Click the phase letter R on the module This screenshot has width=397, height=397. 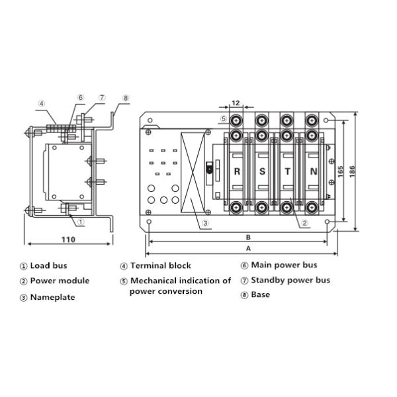click(x=237, y=171)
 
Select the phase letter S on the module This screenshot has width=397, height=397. click(x=263, y=171)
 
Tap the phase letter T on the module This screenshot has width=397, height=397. click(x=288, y=171)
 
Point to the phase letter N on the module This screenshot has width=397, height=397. click(x=314, y=171)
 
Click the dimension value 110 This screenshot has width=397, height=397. click(x=68, y=239)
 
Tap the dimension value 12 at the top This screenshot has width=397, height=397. click(x=237, y=103)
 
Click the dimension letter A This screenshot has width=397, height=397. click(x=248, y=249)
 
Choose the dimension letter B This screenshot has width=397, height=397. click(x=248, y=237)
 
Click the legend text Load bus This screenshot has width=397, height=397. click(x=48, y=266)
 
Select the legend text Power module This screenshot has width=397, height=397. click(x=60, y=281)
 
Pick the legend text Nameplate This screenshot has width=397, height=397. click(x=52, y=297)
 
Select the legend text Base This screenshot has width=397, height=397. click(x=261, y=295)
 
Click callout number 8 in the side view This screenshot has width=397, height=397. click(x=124, y=99)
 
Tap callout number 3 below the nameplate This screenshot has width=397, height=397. click(x=206, y=223)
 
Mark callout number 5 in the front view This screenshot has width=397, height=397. click(x=224, y=119)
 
